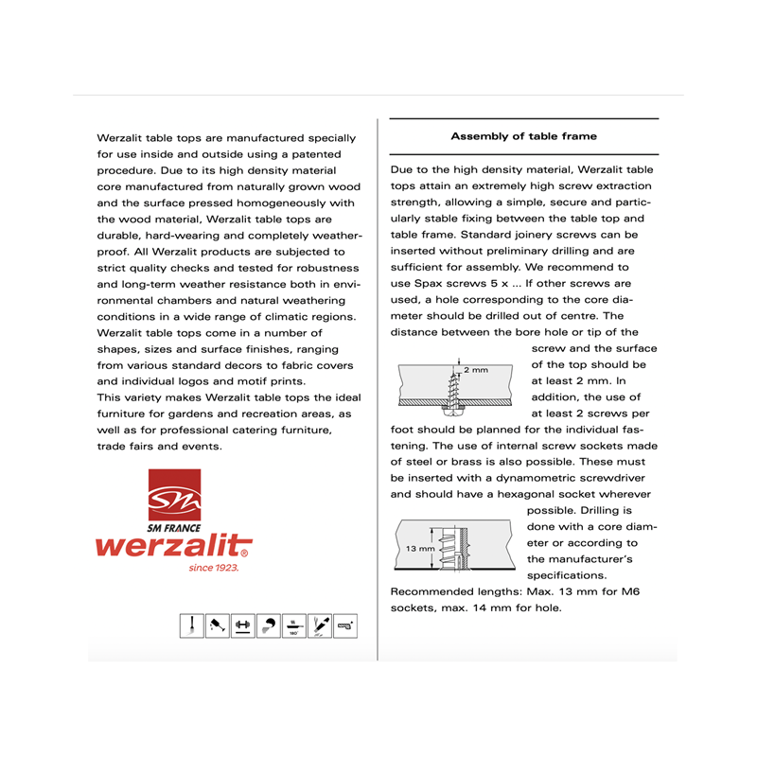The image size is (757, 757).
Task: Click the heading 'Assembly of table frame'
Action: click(x=523, y=136)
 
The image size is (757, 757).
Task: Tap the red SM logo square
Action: click(x=174, y=495)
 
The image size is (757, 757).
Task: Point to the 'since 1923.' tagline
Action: click(x=213, y=568)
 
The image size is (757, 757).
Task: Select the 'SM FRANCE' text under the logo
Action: click(x=174, y=527)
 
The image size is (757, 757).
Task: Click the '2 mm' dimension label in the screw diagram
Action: click(x=475, y=369)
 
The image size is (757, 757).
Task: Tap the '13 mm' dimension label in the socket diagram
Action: click(x=420, y=549)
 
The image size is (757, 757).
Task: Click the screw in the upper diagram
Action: click(x=451, y=389)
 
